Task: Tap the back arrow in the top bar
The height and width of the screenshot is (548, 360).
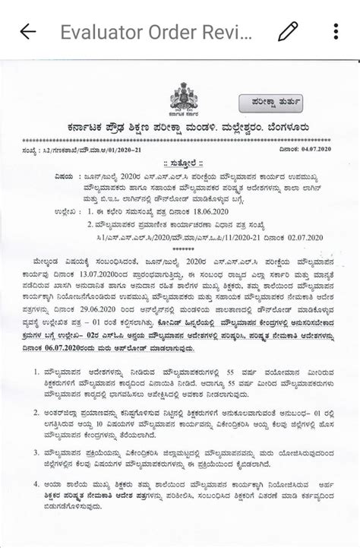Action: click(x=28, y=31)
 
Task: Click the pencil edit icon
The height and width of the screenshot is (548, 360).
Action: click(x=288, y=31)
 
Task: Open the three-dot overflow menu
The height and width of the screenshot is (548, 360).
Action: click(x=336, y=31)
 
